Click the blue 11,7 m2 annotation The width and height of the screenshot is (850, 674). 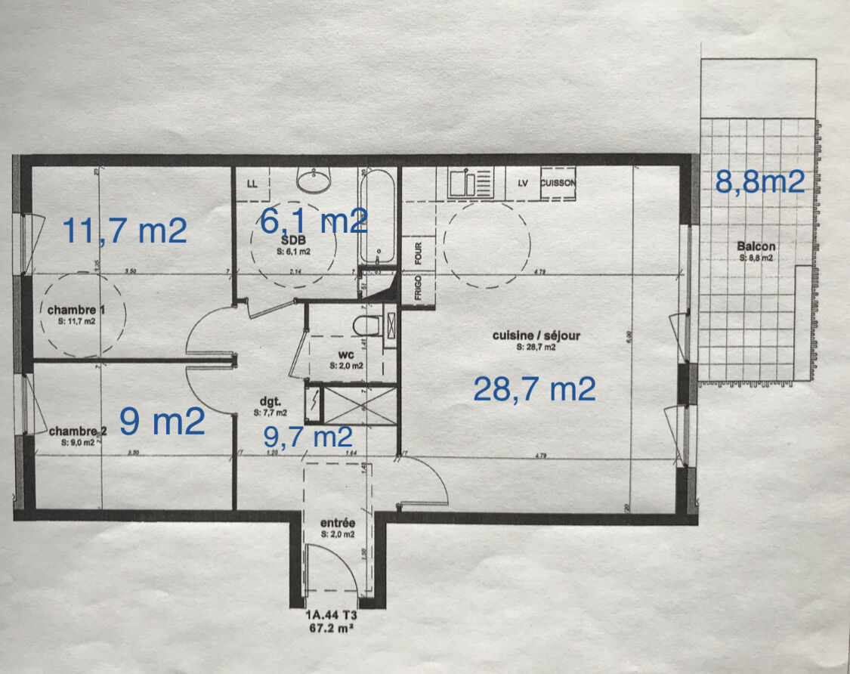tap(124, 230)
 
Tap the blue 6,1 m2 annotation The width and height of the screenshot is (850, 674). tap(313, 221)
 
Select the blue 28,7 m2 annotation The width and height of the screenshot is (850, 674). tap(534, 388)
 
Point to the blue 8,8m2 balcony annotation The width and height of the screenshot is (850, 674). tap(759, 182)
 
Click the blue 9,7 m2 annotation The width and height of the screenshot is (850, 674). tap(308, 436)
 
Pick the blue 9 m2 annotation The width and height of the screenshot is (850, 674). tap(162, 422)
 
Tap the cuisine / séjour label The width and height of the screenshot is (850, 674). tap(536, 335)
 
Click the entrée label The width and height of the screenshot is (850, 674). tap(337, 522)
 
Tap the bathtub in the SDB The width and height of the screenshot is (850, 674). tap(377, 215)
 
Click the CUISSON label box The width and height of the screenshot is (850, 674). tap(558, 183)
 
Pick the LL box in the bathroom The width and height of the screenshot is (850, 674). tap(252, 184)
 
